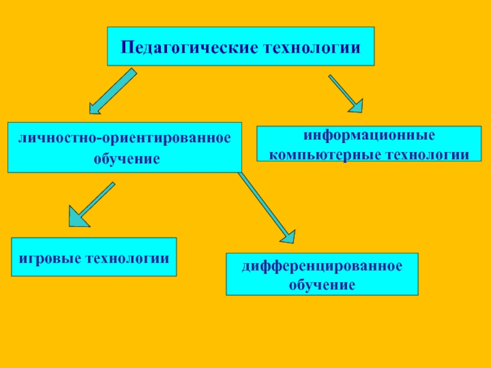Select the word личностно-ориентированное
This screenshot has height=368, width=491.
tap(125, 138)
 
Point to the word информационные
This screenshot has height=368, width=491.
tap(369, 134)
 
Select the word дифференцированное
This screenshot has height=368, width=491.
tap(322, 267)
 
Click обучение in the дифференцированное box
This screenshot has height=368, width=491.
tap(322, 285)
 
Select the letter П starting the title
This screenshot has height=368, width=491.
tap(126, 47)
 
